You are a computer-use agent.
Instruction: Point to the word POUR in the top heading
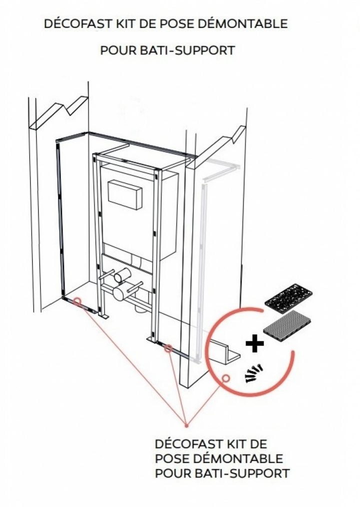tap(118, 50)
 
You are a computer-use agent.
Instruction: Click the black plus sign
tap(255, 343)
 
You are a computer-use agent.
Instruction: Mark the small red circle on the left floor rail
tap(77, 301)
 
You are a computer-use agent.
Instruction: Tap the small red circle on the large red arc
tap(225, 378)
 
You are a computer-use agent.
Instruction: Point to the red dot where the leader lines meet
tap(186, 426)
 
